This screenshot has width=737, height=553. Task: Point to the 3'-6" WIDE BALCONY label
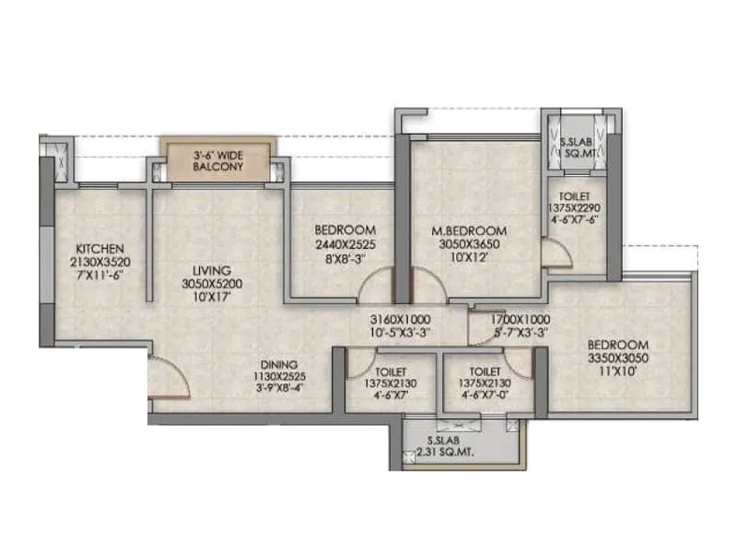pos(217,161)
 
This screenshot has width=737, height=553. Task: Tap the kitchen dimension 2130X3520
pos(98,261)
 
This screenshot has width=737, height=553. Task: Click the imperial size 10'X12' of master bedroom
pos(471,257)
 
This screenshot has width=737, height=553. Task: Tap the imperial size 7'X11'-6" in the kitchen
pos(98,275)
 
